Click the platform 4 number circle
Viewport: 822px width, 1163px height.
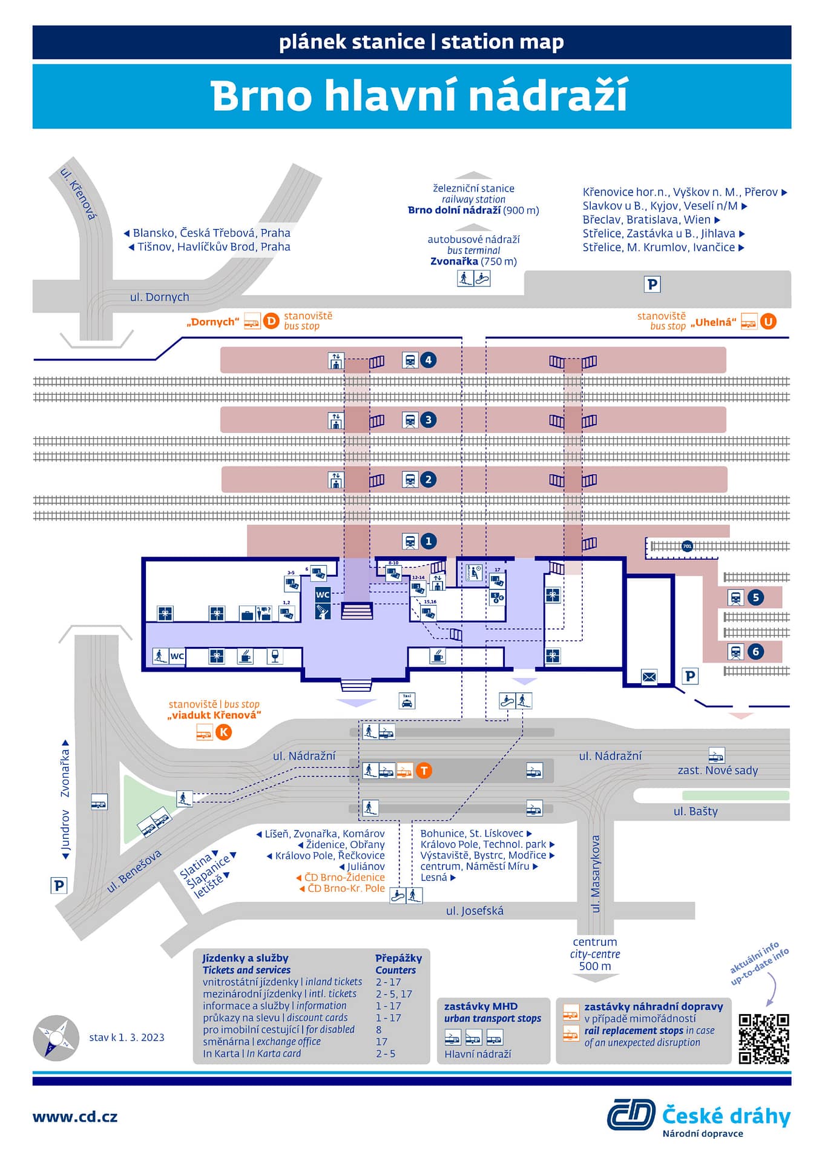point(429,360)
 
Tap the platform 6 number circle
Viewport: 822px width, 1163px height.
point(755,652)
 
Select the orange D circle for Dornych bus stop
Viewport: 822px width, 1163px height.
point(271,321)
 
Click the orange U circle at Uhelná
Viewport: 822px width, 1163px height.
point(768,322)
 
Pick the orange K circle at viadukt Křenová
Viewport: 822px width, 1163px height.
point(223,732)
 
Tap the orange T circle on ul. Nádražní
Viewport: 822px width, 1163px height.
point(424,770)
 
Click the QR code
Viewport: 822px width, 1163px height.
point(764,1039)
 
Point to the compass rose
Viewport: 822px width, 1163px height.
point(56,1038)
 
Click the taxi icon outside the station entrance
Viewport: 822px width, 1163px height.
point(407,701)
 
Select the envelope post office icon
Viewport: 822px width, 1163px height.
point(649,677)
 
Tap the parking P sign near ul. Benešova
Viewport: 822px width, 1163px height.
point(58,885)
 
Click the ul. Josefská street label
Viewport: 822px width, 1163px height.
point(475,911)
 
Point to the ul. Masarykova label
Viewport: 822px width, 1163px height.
point(596,873)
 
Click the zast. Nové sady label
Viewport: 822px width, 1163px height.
point(717,770)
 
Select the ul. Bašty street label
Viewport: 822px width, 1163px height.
point(695,812)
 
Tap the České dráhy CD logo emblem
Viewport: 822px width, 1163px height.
point(631,1115)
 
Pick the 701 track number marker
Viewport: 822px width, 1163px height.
point(687,546)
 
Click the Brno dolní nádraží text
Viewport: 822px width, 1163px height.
point(454,210)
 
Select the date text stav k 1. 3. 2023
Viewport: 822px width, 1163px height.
point(127,1038)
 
